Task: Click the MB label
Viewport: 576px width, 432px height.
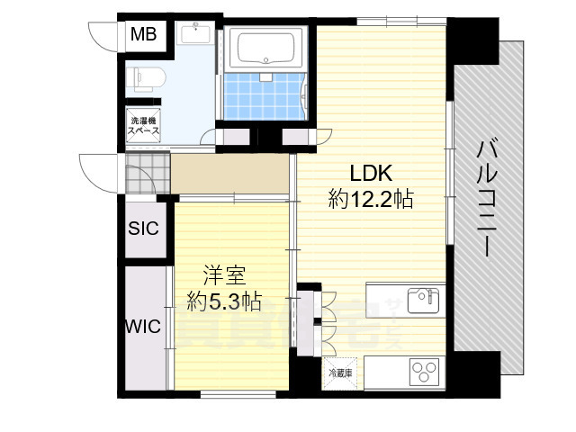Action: pyautogui.click(x=143, y=35)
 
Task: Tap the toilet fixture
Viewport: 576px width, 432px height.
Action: pyautogui.click(x=145, y=79)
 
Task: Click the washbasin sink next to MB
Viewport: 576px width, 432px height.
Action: pyautogui.click(x=195, y=35)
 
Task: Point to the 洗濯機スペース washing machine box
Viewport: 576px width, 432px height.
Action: pyautogui.click(x=143, y=126)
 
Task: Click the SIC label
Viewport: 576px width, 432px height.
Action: pyautogui.click(x=142, y=229)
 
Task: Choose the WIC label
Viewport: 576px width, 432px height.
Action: pyautogui.click(x=142, y=326)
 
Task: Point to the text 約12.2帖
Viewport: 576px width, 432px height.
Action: pyautogui.click(x=371, y=200)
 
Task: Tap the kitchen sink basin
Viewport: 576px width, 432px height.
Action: pyautogui.click(x=420, y=299)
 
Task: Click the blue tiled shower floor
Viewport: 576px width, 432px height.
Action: pyautogui.click(x=262, y=97)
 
